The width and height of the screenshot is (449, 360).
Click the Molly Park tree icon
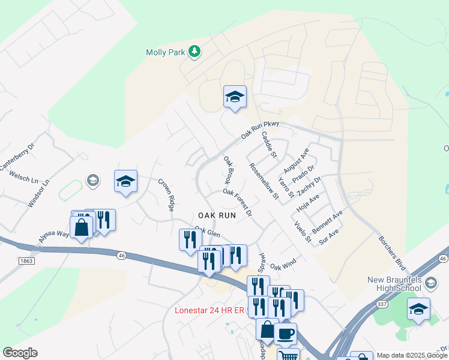tap(194, 52)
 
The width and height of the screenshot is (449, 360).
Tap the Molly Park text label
tap(166, 52)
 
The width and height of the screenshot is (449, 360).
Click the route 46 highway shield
tap(121, 255)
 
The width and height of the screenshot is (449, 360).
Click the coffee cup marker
tap(286, 332)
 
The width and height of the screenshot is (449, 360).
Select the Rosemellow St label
tap(265, 181)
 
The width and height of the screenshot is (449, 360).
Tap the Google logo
tap(20, 353)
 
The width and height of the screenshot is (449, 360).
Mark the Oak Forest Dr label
tap(237, 202)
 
